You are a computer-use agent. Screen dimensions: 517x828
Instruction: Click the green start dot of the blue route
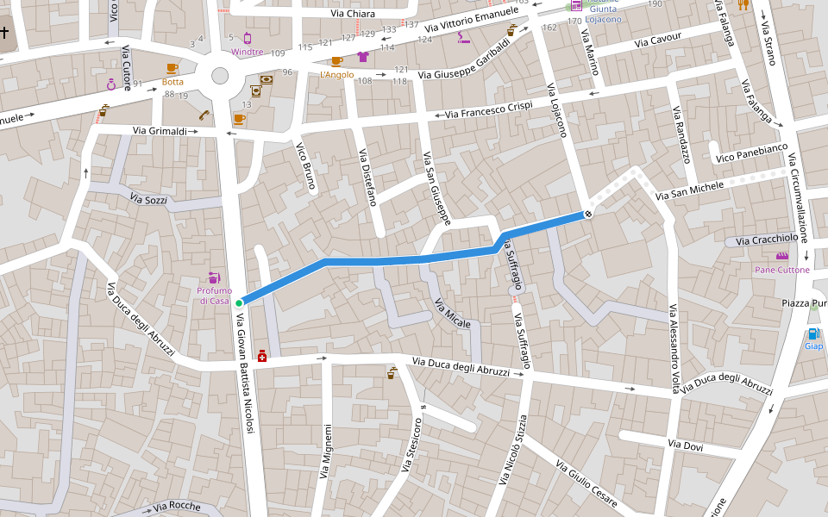pos(239,302)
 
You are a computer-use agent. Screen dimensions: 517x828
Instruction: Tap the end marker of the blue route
pos(588,213)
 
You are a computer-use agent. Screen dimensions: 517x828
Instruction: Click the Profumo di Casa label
pos(214,296)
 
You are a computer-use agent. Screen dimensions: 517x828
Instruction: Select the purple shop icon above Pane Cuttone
pos(782,256)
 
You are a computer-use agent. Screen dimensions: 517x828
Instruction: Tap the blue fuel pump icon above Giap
pos(812,333)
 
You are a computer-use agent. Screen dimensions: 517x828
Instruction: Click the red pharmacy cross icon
pos(262,354)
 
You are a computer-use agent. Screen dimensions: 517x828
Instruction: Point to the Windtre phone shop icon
pos(248,38)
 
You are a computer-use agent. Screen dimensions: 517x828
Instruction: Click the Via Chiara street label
pos(353,14)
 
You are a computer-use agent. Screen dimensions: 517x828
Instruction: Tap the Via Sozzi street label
pos(147,199)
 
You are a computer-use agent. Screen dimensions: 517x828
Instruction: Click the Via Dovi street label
pos(686,445)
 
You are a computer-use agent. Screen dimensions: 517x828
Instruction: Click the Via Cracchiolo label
pos(768,239)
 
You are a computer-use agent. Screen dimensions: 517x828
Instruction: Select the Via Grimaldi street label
pos(160,131)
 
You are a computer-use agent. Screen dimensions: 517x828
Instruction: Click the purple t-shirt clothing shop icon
pos(362,58)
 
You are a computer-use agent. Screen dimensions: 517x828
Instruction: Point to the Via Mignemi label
pos(326,452)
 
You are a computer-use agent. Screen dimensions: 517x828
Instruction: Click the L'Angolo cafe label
pos(336,75)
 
